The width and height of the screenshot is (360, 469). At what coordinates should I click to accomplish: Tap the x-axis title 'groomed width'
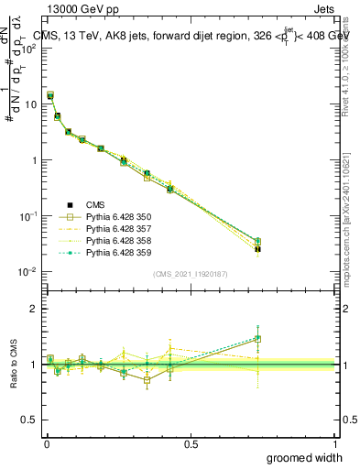tap(305, 457)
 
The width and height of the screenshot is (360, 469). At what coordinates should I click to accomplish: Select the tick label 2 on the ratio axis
tap(32, 310)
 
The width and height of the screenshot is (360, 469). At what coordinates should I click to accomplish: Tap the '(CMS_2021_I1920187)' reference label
tap(191, 273)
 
